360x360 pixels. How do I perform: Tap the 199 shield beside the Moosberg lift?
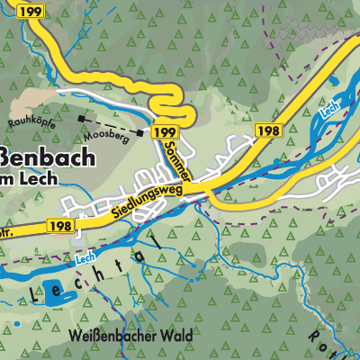[x=165, y=132]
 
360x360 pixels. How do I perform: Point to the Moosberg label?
[x=101, y=134]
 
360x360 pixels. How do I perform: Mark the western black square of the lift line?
[x=82, y=118]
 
